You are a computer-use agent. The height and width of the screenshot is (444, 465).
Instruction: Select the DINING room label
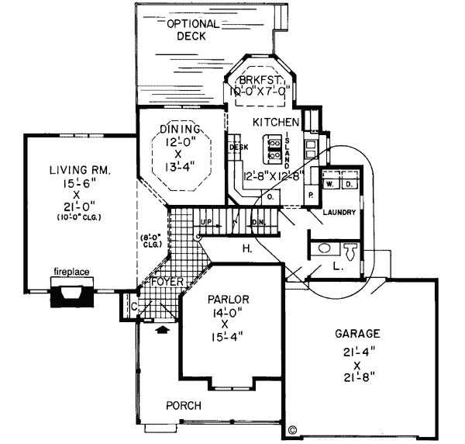tap(181, 128)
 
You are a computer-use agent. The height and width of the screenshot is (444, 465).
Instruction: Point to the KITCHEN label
tap(276, 123)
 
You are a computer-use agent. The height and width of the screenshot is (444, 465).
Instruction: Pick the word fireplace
tap(71, 272)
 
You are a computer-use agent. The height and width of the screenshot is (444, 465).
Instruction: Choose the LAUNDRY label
tap(339, 212)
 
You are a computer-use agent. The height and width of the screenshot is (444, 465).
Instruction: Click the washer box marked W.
tap(329, 184)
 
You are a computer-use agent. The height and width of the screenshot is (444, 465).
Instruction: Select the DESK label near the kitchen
tap(237, 146)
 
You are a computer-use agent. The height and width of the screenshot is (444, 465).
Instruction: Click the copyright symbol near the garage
tap(292, 428)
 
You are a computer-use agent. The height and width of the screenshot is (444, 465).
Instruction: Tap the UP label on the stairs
tap(206, 222)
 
